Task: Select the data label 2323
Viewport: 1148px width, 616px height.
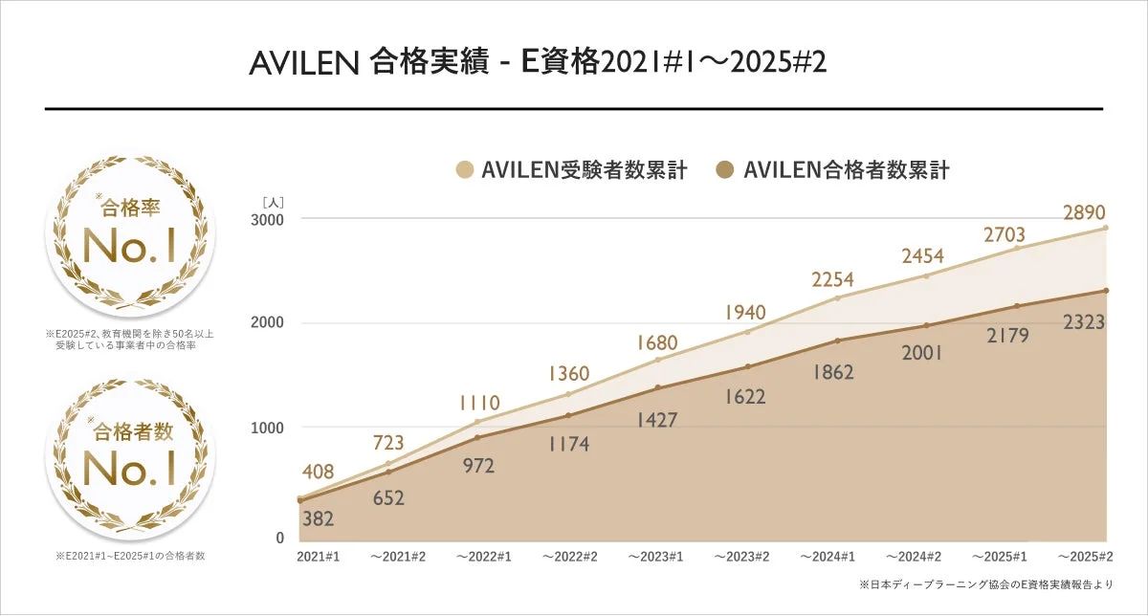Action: pos(1084,323)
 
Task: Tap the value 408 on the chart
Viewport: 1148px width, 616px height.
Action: pos(319,472)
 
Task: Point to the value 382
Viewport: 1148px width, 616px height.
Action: pos(319,519)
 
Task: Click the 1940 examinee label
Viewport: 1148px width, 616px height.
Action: pos(746,313)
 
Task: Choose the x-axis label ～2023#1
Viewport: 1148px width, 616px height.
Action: pos(657,556)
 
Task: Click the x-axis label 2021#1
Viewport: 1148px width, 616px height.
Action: pos(319,556)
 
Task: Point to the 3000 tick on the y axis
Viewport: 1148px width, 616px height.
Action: pos(268,219)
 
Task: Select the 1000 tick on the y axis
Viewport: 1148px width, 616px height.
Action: pos(268,428)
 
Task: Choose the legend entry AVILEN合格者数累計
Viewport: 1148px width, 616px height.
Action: pos(834,171)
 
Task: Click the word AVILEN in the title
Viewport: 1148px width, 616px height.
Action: pos(302,63)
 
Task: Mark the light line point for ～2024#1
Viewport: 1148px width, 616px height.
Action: pos(837,297)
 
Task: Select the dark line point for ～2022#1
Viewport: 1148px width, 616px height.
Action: pos(477,438)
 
